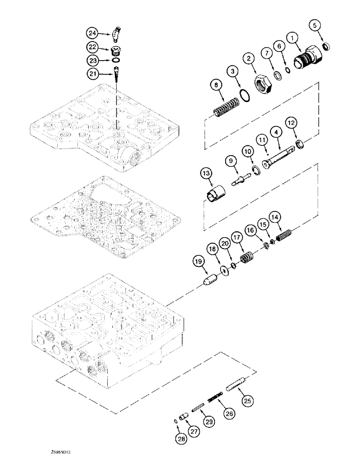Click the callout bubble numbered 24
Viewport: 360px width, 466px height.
(x=92, y=33)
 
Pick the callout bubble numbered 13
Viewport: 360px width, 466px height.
(x=207, y=174)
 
